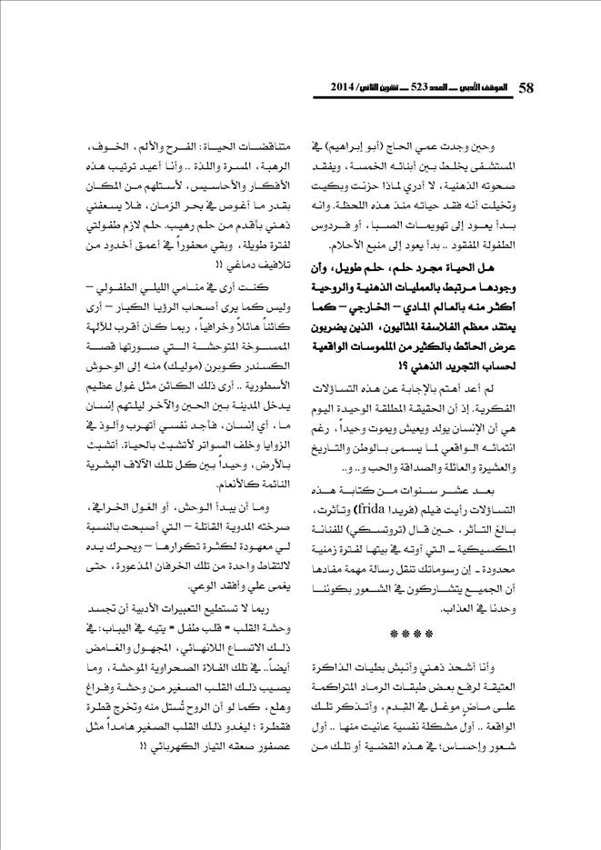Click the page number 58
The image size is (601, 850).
(x=526, y=89)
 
